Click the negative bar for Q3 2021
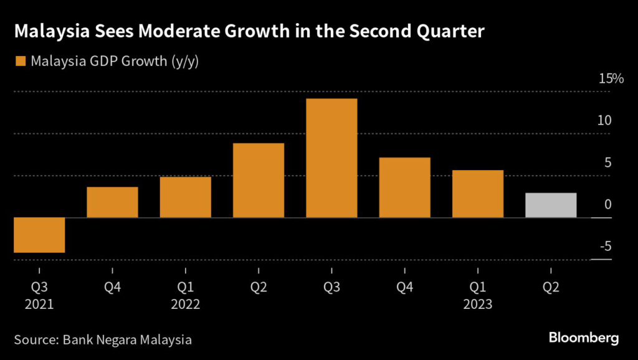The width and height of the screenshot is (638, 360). (x=39, y=235)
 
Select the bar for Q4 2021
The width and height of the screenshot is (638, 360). (x=112, y=202)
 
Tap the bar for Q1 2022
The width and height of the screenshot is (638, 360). (x=185, y=197)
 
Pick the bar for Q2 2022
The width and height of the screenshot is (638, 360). (x=259, y=180)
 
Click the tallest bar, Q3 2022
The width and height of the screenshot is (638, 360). (x=331, y=158)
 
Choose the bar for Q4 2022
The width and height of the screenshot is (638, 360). (x=404, y=187)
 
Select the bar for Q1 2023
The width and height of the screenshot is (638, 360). (x=478, y=194)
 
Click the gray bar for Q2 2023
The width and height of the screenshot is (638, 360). (x=551, y=205)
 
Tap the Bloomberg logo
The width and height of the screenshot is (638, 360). (x=584, y=338)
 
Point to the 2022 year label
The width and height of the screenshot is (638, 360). (x=185, y=305)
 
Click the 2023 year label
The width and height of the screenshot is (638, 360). (x=478, y=305)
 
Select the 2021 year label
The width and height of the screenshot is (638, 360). (x=39, y=305)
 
